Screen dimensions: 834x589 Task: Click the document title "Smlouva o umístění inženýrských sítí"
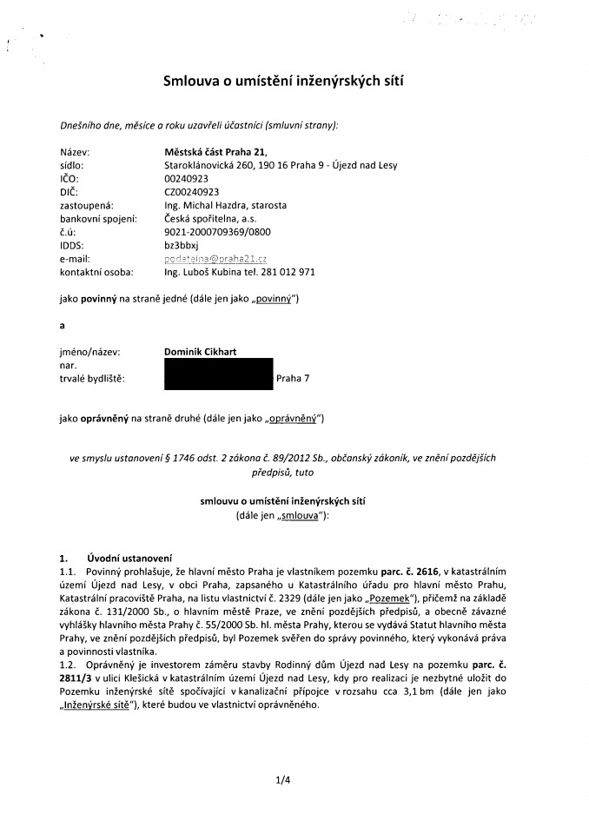(284, 82)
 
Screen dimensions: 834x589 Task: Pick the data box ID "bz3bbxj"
(181, 246)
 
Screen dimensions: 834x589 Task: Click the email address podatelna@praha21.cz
(215, 259)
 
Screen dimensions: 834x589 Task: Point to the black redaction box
(218, 374)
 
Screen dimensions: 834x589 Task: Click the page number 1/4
(281, 779)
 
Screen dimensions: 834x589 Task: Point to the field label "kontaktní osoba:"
(95, 272)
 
